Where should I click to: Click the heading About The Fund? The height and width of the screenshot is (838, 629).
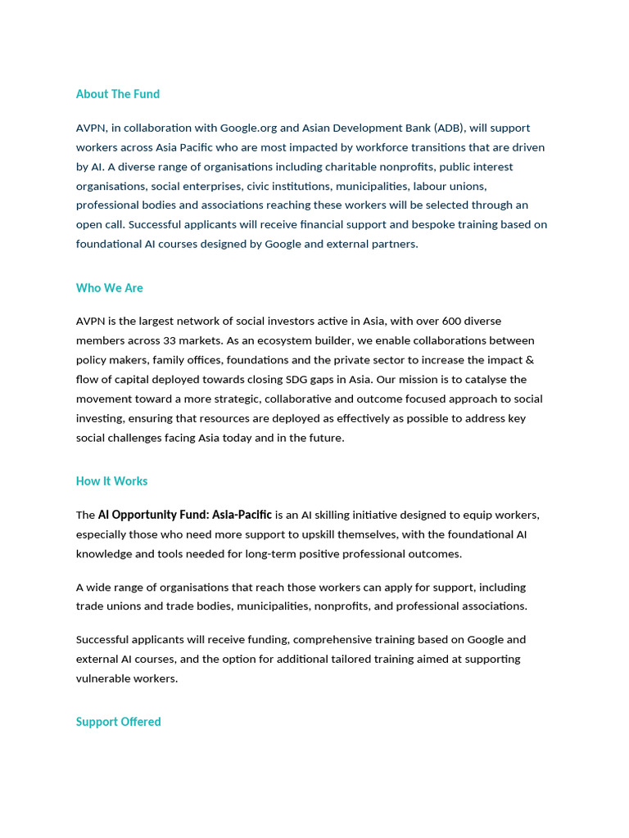(118, 94)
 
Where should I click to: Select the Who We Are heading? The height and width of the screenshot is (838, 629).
(110, 288)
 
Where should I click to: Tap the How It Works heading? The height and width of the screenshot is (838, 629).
(112, 481)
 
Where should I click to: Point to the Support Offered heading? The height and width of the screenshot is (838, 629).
(119, 722)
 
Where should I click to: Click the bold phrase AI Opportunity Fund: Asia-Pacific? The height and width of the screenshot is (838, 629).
(185, 516)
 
